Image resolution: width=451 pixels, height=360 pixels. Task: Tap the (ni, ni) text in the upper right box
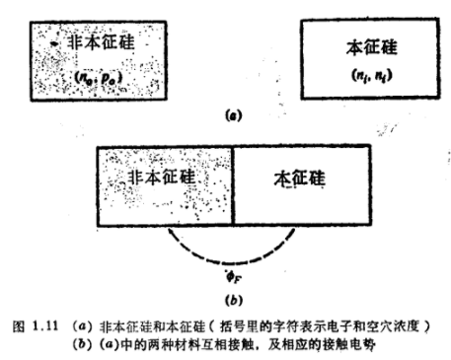pos(351,76)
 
